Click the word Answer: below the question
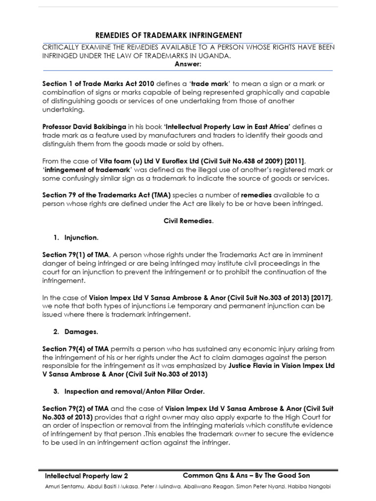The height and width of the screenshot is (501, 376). coord(188,64)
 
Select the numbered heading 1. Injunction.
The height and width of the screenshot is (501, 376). coord(76,238)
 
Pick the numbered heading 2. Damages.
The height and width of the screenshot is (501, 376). coord(75,332)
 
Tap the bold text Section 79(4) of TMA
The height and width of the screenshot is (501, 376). coord(76,349)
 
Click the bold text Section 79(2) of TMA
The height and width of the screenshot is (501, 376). coord(76,409)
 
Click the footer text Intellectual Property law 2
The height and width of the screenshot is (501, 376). coord(86,476)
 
